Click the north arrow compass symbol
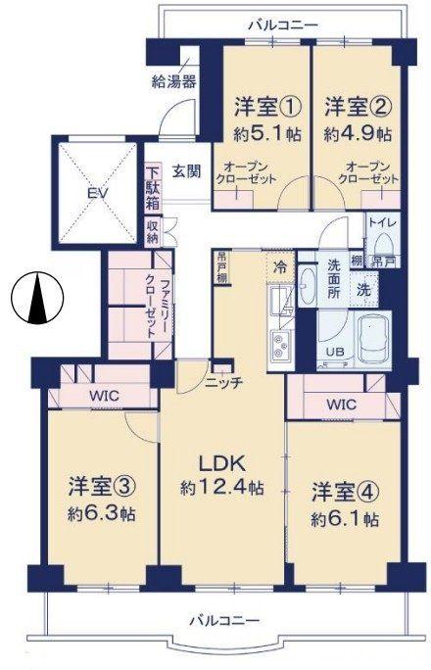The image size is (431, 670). pyautogui.click(x=37, y=298)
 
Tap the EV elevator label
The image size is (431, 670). pyautogui.click(x=97, y=194)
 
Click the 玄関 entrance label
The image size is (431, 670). pyautogui.click(x=187, y=171)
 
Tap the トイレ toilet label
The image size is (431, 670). pyautogui.click(x=381, y=222)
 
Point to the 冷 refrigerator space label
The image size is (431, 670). pyautogui.click(x=281, y=265)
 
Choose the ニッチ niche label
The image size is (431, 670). pyautogui.click(x=223, y=383)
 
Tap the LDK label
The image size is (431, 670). pyautogui.click(x=221, y=462)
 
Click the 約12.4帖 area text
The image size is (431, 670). pyautogui.click(x=221, y=487)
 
